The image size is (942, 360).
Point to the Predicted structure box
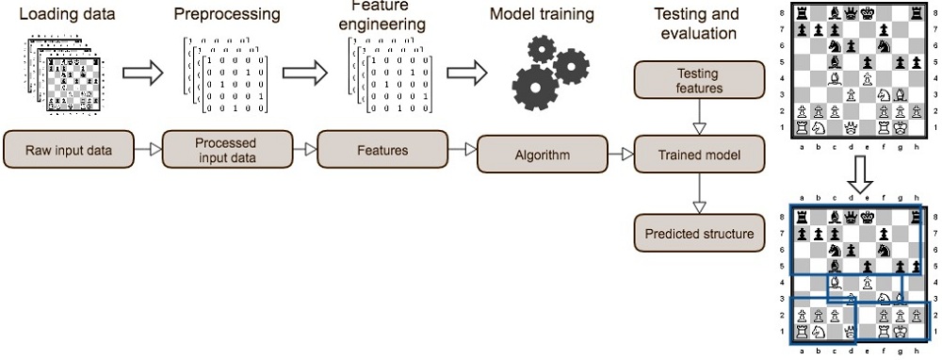click(x=698, y=233)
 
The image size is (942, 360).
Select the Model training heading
click(x=542, y=14)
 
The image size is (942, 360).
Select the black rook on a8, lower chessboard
click(x=801, y=217)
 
